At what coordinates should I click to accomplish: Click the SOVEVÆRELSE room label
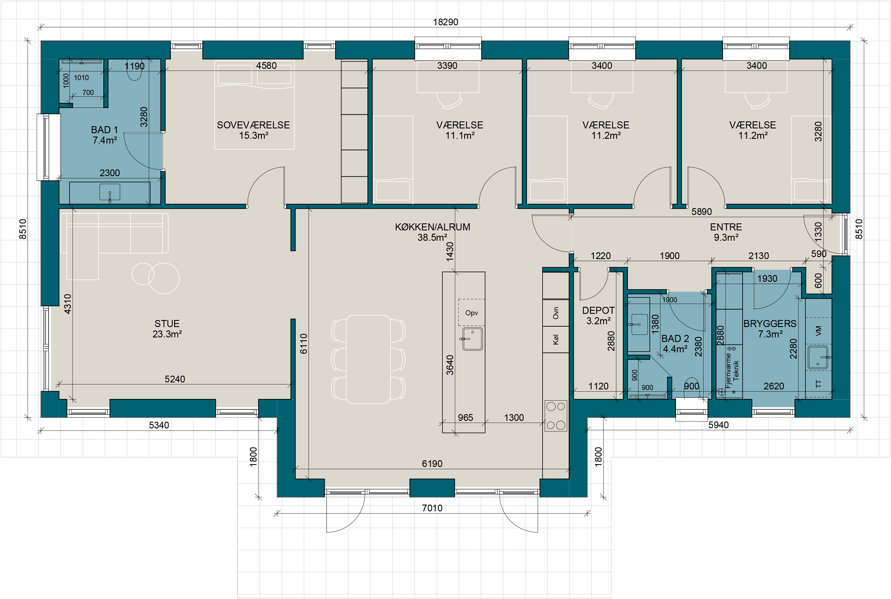[253, 125]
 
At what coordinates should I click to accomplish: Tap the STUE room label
[167, 324]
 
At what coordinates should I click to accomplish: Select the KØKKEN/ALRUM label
[432, 227]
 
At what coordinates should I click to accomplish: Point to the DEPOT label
[598, 310]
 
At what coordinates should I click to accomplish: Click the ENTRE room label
[726, 227]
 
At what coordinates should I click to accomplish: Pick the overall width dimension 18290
[446, 22]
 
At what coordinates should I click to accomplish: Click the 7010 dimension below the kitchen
[432, 508]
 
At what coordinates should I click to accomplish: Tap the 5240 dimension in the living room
[174, 379]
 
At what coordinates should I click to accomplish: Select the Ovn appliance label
[556, 313]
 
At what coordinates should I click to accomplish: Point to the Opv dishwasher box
[471, 312]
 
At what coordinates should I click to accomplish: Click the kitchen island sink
[473, 339]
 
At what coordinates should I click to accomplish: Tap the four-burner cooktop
[556, 416]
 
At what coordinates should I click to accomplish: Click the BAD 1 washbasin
[110, 192]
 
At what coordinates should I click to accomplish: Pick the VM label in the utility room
[818, 331]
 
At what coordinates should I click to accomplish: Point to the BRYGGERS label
[770, 324]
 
